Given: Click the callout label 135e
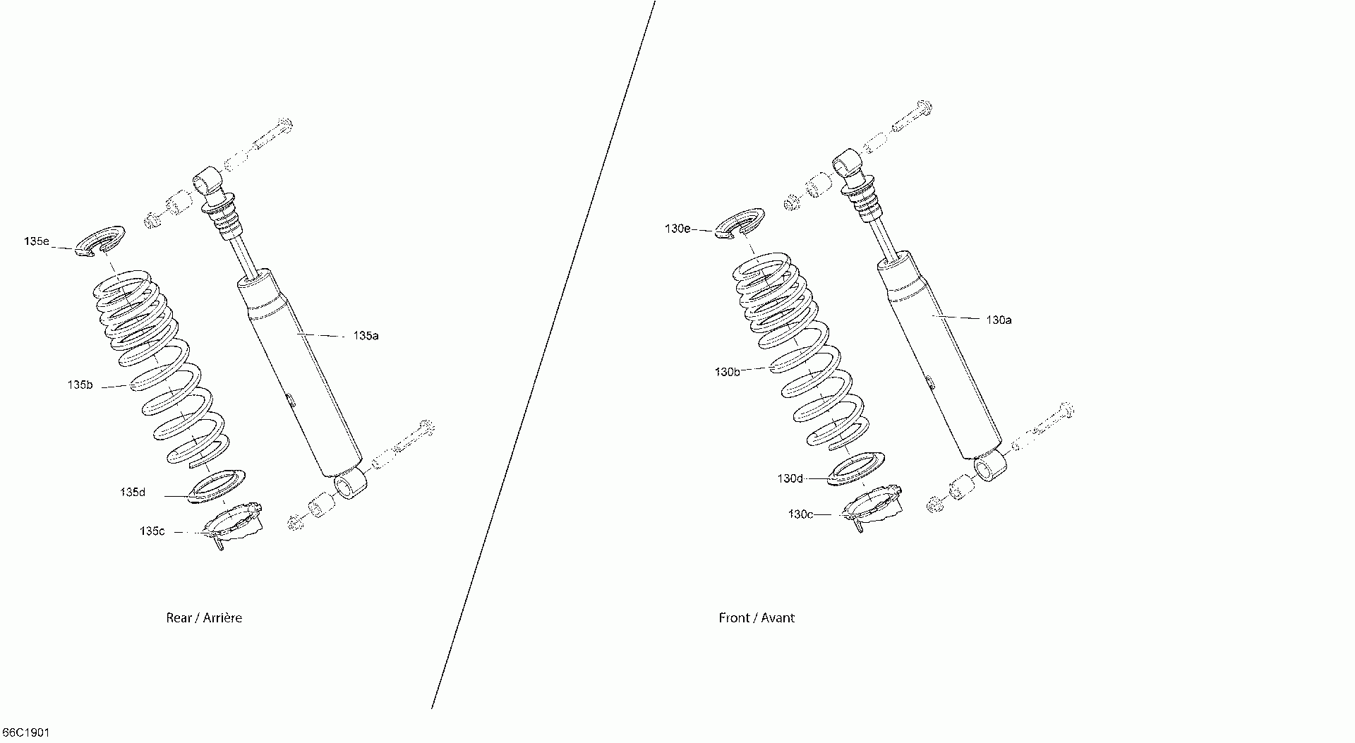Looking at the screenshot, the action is pos(36,241).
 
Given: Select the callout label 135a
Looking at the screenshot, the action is pos(366,336).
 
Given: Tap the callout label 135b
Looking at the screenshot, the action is pos(80,385).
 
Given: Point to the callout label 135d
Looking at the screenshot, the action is pos(133,493).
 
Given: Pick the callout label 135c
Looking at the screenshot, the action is pos(152,531).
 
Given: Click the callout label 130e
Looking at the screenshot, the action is pos(677,229).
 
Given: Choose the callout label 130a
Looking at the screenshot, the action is pos(999,320).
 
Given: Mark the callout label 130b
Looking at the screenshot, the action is pos(727,372).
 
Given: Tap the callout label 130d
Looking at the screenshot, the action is pos(790,478).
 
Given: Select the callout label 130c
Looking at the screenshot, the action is pos(800,514).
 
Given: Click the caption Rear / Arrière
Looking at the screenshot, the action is pos(204,618).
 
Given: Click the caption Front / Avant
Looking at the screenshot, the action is pos(757,618).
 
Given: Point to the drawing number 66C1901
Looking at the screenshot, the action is pos(26,733).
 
